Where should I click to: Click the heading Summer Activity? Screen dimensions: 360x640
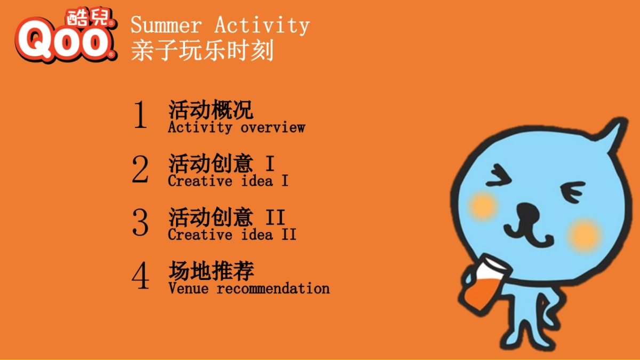(220, 25)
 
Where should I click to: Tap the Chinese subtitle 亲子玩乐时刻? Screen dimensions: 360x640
(202, 50)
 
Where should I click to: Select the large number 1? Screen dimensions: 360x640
(140, 115)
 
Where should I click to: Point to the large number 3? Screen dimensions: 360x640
(140, 222)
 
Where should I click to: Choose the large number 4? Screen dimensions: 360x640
(140, 276)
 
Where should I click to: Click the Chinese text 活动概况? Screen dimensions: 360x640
(211, 110)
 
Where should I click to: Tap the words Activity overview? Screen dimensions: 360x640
(236, 127)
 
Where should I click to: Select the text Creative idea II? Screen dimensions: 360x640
(232, 235)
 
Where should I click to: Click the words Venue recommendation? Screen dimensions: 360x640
(249, 289)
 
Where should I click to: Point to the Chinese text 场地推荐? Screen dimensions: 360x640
(211, 271)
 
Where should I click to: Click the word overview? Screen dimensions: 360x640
(273, 127)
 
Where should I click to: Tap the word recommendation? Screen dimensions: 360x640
(273, 289)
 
